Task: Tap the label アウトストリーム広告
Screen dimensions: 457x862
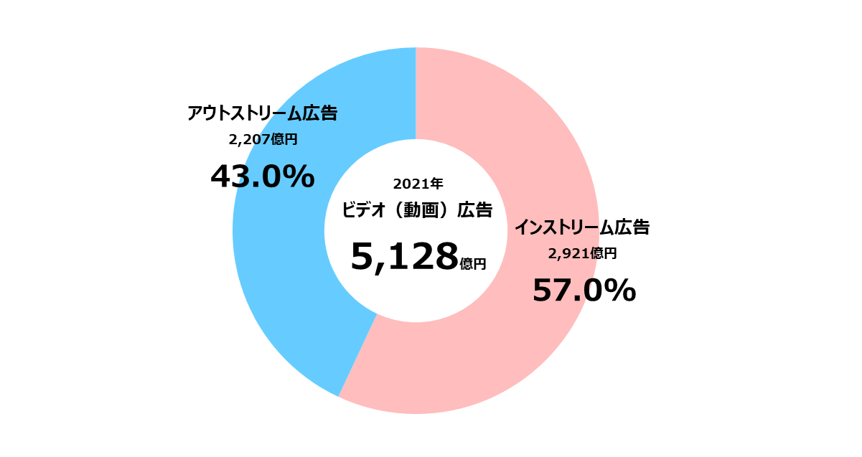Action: point(263,114)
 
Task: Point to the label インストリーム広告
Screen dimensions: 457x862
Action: point(582,228)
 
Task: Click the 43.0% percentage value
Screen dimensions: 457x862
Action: point(263,176)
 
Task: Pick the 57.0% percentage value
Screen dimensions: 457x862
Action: point(584,291)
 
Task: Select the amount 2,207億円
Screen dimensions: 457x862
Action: point(263,140)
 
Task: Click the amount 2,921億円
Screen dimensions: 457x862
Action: point(582,253)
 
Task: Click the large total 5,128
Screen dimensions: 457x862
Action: point(404,257)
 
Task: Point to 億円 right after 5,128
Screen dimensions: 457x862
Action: point(473,264)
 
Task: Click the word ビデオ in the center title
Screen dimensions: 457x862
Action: point(361,210)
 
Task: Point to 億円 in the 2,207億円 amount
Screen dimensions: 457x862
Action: point(285,140)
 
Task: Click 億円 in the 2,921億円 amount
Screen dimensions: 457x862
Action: point(604,253)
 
